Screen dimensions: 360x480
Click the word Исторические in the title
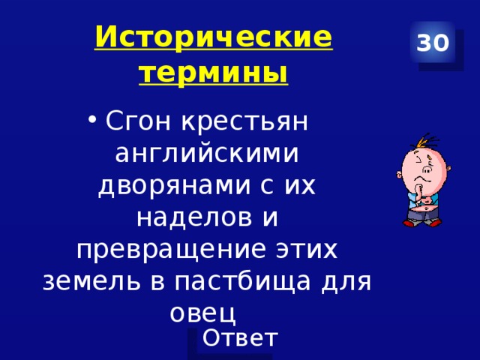[214, 37]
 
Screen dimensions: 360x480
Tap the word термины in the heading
[214, 73]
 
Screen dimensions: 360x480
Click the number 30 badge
[433, 43]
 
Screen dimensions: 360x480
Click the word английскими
[207, 153]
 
